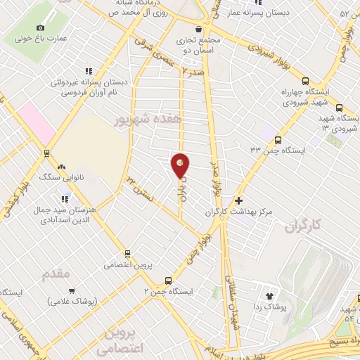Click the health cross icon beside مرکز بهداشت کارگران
click(238, 200)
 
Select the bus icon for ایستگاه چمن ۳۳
click(278, 140)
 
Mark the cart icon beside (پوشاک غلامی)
click(71, 290)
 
